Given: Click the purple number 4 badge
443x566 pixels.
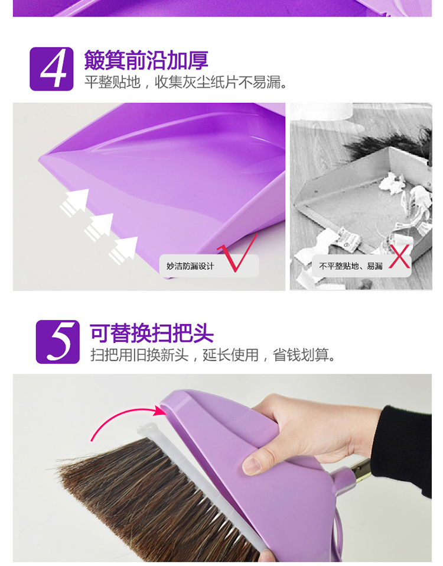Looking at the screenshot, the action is tap(51, 69).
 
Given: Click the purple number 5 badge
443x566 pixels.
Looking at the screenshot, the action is tap(58, 341).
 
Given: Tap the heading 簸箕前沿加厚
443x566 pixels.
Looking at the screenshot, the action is tap(146, 60).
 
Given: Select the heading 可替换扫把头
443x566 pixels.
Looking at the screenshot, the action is tap(152, 333).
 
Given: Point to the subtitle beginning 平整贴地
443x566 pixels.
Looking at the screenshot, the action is tap(186, 82).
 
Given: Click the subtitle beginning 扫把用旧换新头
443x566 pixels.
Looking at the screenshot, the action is tap(213, 355).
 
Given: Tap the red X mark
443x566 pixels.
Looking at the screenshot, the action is tap(399, 256).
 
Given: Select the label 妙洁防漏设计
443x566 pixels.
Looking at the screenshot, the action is tap(190, 266).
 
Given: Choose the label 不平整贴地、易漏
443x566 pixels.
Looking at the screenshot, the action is tap(351, 266).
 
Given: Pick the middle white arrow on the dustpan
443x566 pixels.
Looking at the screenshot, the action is tap(99, 227).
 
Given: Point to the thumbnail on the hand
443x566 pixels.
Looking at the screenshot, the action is tap(252, 465).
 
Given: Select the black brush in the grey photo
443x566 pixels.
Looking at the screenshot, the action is tap(389, 144).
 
